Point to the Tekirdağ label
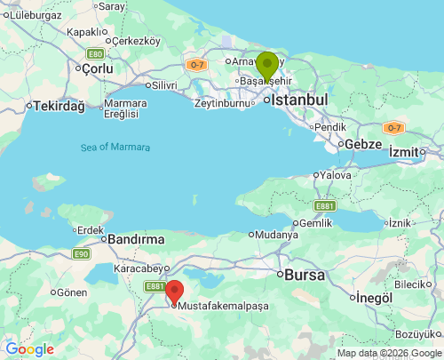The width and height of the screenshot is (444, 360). pos(59,106)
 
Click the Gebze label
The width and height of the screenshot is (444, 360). pos(363,144)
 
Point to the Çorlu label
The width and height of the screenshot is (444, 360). pos(96,69)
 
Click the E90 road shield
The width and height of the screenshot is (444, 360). pos(82,254)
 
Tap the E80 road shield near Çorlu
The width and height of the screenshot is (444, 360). pos(95,53)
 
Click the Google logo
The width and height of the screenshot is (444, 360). pos(29,349)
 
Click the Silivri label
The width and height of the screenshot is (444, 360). pos(164,84)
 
